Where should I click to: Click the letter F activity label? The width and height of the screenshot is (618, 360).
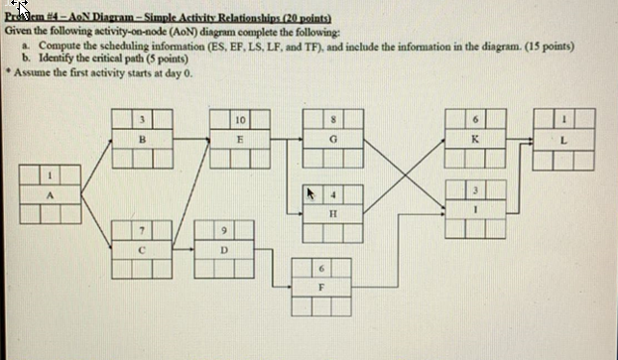click(319, 285)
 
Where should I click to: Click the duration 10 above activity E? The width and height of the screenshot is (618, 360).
click(241, 120)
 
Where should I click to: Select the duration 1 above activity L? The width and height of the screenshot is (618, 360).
click(563, 120)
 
